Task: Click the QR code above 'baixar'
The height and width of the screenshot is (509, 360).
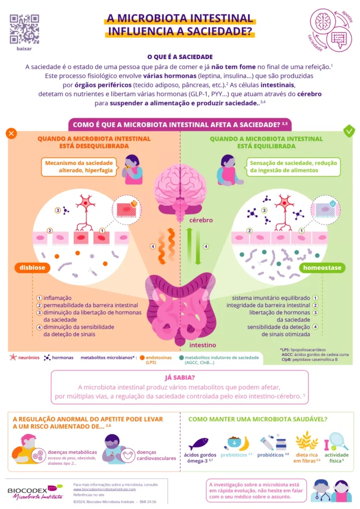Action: pos(24,29)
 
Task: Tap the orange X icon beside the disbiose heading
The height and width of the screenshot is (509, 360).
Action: pos(11,133)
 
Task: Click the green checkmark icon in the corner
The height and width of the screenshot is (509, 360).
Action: pos(349,131)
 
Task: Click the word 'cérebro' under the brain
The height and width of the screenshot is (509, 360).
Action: pos(200,220)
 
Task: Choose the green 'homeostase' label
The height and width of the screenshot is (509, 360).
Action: pos(323,267)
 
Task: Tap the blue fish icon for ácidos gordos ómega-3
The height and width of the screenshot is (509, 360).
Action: pos(199,443)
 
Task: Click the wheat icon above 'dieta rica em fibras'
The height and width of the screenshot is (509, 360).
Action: pos(307,441)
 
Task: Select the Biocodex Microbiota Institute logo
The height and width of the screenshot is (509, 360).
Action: pos(35,491)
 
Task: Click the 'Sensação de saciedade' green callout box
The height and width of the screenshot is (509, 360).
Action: pos(293,167)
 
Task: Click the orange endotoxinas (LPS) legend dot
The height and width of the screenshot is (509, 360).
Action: pos(142,357)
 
